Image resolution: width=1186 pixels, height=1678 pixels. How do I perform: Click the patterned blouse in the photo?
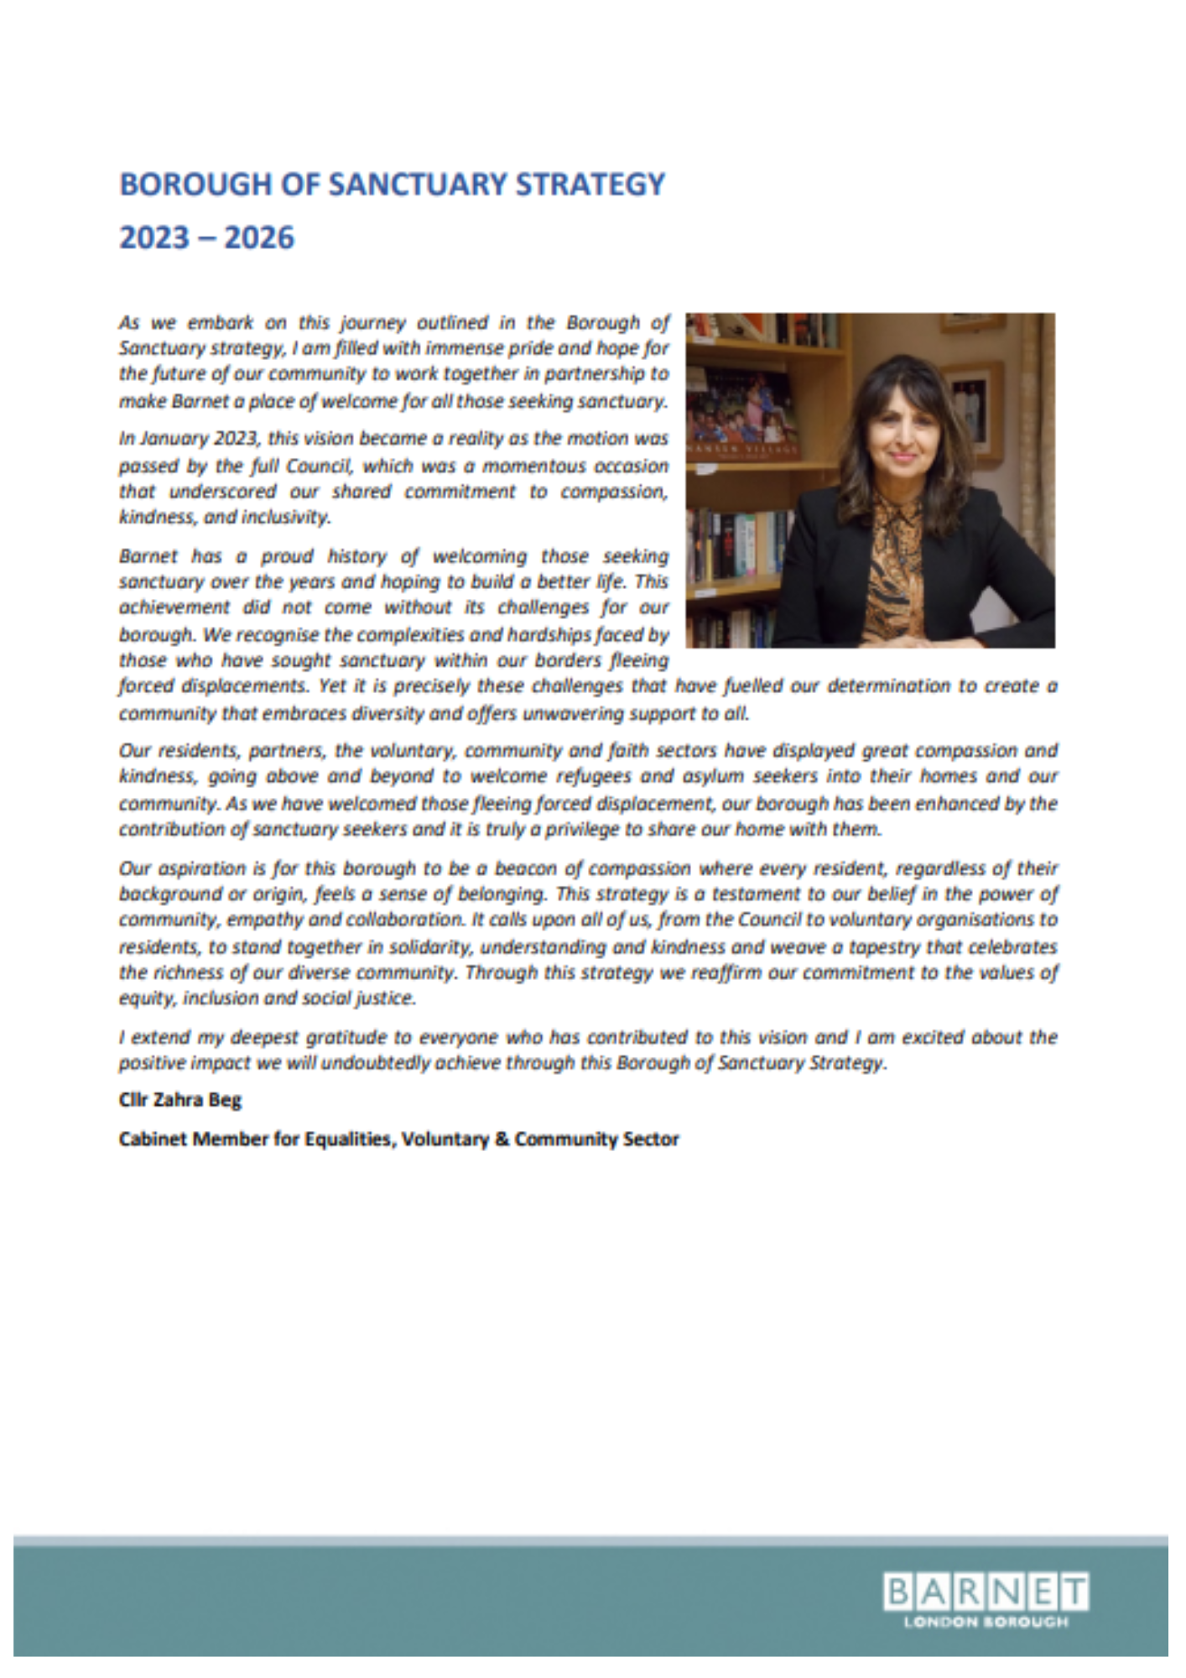click(897, 571)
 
